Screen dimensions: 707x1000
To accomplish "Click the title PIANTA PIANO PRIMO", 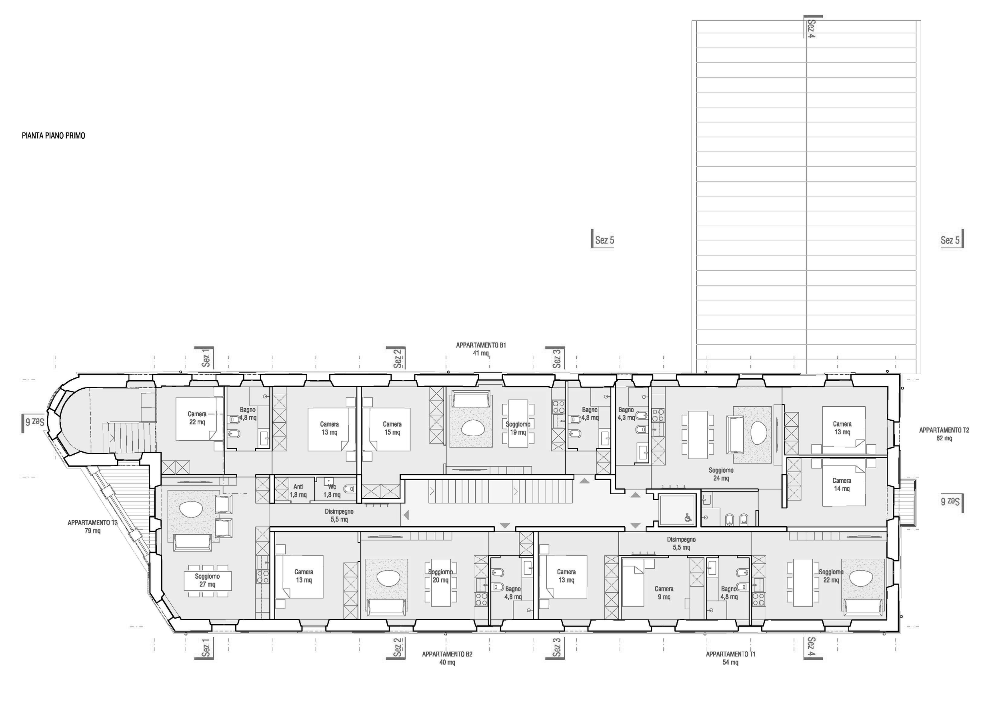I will tap(53, 136).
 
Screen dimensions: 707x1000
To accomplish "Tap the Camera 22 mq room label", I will tap(197, 418).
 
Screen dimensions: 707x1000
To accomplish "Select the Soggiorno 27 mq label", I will tap(207, 580).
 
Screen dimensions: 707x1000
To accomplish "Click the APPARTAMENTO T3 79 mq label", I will tap(92, 526).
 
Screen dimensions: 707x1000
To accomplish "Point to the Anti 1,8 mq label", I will tap(298, 491).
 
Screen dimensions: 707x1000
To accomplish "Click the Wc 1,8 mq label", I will tap(332, 491).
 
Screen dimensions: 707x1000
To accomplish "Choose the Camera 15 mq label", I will tap(392, 428).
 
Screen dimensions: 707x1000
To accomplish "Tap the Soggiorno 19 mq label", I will tap(518, 428).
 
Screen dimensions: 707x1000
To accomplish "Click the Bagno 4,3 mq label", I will tap(626, 413).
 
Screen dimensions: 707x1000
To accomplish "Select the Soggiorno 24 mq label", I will tap(721, 474).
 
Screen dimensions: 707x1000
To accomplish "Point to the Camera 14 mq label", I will tap(842, 485).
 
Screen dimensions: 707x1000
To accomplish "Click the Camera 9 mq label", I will tap(664, 593).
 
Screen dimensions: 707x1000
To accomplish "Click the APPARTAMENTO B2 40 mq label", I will tap(447, 658).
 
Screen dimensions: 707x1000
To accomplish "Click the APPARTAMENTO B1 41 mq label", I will tap(481, 349).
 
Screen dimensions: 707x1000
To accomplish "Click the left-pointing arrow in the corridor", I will tap(406, 515).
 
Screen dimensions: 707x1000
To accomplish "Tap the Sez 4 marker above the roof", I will tap(810, 28).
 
